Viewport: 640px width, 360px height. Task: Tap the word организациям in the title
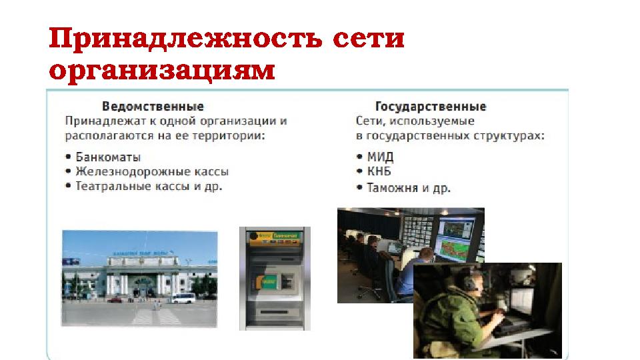coord(163,69)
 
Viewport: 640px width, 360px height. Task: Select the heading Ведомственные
coord(153,107)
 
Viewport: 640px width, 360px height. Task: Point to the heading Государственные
coord(430,107)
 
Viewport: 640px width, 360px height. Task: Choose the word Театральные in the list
coord(110,187)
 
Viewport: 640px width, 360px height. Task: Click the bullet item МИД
coord(380,157)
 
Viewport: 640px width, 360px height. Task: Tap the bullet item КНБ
coord(379,172)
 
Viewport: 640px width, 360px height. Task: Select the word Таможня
coord(391,188)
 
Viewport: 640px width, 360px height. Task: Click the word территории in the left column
coord(228,136)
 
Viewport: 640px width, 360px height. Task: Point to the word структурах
coord(511,136)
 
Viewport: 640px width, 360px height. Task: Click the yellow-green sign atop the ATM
coord(275,235)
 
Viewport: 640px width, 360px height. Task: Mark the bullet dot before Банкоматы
coord(69,158)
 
